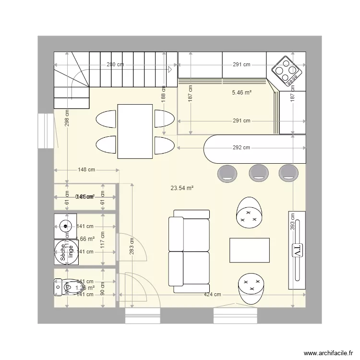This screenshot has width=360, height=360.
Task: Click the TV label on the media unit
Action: [x=296, y=250]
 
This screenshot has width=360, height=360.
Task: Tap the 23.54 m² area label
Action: [x=182, y=189]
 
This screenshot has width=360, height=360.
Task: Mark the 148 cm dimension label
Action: [x=86, y=169]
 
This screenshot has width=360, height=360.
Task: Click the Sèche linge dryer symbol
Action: [x=61, y=252]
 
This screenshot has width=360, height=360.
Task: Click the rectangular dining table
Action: [x=135, y=131]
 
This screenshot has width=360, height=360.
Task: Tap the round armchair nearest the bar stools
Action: [x=249, y=212]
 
